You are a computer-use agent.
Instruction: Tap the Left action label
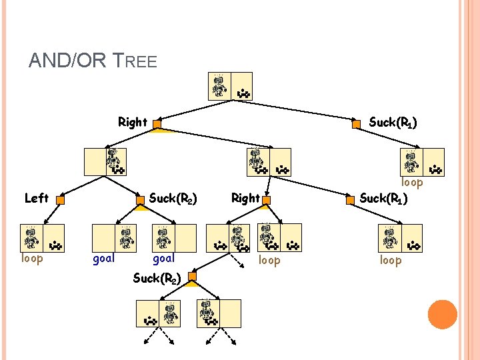click(36, 198)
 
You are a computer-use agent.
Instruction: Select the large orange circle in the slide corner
click(442, 315)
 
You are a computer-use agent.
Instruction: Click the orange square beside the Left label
click(60, 199)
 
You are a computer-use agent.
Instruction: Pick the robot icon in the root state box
click(219, 85)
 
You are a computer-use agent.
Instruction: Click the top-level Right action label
click(132, 122)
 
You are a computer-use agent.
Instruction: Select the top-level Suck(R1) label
click(393, 122)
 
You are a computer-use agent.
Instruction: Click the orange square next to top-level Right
click(156, 123)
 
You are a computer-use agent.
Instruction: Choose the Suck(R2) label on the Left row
click(173, 198)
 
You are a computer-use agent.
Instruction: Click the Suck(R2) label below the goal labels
click(157, 278)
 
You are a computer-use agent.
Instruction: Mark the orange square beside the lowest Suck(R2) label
click(191, 275)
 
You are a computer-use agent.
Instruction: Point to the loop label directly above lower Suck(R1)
click(411, 182)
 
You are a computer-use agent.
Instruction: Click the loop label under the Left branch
click(32, 258)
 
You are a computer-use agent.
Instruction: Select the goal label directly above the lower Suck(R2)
click(163, 258)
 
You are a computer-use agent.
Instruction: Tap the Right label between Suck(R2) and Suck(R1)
click(245, 198)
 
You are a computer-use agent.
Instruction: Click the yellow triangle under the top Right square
click(159, 131)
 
